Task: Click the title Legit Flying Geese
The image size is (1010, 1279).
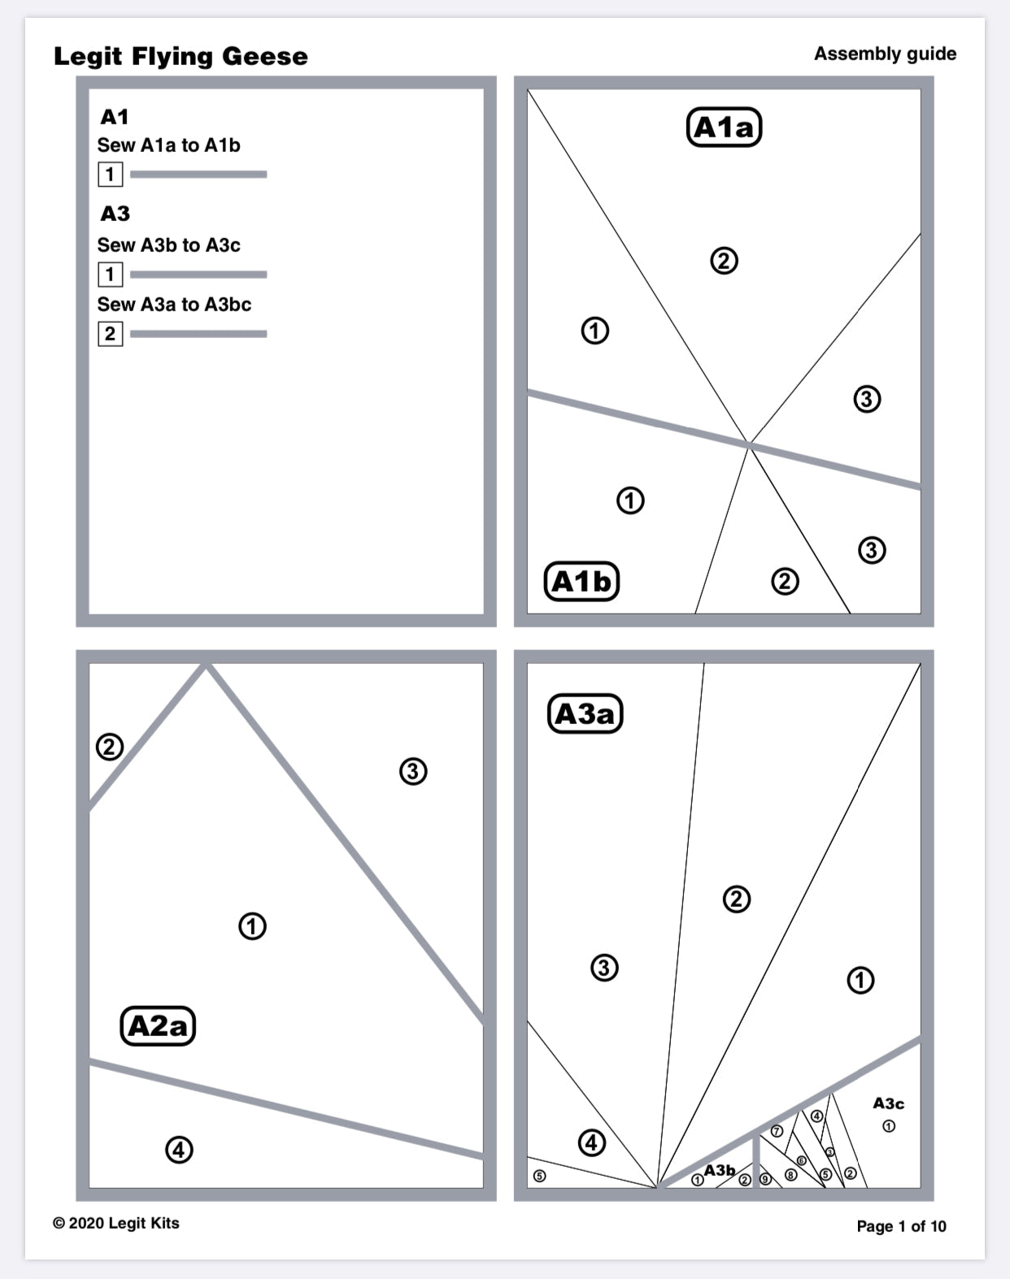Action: point(181,56)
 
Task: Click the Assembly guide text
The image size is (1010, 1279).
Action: point(885,54)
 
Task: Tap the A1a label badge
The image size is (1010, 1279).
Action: point(724,128)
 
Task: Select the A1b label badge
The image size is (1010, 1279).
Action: point(581,581)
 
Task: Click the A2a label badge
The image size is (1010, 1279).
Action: point(158,1025)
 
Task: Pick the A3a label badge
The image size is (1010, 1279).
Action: point(585,713)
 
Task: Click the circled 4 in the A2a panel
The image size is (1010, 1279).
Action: point(179,1150)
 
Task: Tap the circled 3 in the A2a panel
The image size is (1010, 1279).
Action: point(413,770)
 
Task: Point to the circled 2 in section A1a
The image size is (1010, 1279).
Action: point(724,261)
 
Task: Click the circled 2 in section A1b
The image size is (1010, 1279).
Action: point(785,581)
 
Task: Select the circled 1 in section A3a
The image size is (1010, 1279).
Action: point(860,980)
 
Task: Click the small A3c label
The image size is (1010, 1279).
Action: point(888,1103)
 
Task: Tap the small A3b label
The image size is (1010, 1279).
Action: point(720,1170)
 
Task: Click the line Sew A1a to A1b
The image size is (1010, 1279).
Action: point(168,145)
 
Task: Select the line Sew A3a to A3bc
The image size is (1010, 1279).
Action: point(174,305)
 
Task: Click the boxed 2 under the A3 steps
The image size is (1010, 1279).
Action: point(110,334)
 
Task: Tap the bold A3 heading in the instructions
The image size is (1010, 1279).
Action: point(115,214)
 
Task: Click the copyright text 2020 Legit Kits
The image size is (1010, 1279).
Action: point(115,1223)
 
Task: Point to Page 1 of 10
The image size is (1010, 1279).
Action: point(901,1226)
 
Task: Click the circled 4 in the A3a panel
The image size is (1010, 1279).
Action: point(591,1142)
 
